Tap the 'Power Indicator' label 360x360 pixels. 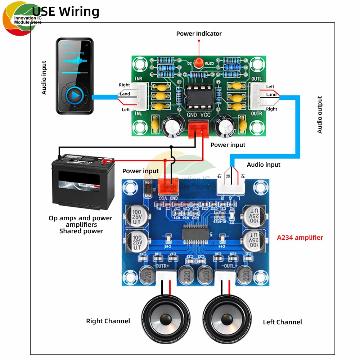(x=199, y=33)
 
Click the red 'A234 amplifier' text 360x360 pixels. (x=300, y=237)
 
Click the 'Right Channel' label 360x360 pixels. (x=108, y=321)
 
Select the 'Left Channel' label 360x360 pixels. (x=282, y=322)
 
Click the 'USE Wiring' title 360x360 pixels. (x=66, y=12)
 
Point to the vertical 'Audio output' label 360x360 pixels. (x=320, y=115)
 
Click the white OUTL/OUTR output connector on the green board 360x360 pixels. (x=256, y=96)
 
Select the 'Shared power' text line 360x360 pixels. (x=81, y=231)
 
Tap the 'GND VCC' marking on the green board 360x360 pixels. (x=198, y=115)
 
